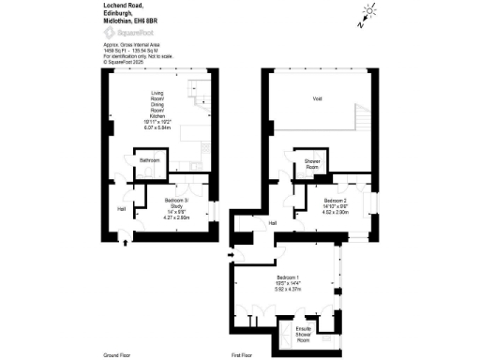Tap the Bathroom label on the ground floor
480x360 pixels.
point(149,161)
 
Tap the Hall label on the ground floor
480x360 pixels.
point(121,209)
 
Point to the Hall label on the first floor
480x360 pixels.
point(273,223)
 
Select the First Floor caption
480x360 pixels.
point(242,355)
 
